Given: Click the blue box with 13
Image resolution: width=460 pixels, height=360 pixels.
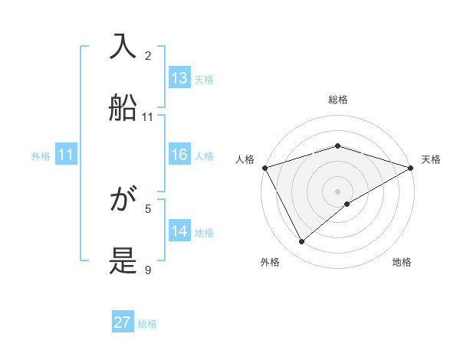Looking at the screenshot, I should (179, 78).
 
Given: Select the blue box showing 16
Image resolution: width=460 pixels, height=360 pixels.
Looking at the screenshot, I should (179, 155).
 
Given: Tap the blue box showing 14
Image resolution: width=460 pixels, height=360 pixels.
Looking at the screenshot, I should (179, 231).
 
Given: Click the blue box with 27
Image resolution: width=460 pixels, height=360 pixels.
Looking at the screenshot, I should (123, 322).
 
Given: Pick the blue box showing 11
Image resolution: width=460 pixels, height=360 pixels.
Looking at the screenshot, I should (66, 155).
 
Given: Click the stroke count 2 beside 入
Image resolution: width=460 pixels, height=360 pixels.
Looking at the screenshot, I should (148, 56).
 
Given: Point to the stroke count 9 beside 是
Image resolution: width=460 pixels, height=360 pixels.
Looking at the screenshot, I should (148, 270).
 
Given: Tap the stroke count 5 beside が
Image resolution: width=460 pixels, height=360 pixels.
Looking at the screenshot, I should (148, 208).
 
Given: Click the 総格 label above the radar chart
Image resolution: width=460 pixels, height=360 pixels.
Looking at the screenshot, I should (337, 100).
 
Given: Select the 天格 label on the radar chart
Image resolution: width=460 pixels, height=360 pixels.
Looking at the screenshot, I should (431, 159).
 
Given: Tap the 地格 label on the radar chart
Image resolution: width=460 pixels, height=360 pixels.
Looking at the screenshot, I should (402, 262).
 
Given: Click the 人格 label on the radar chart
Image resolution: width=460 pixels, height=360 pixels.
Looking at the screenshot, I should (245, 159).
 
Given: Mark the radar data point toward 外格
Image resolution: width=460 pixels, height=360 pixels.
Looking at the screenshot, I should (302, 242).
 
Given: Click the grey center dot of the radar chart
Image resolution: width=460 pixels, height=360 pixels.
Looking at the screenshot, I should (337, 191).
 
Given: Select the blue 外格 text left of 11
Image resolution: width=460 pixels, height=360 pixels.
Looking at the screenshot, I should (41, 155).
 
